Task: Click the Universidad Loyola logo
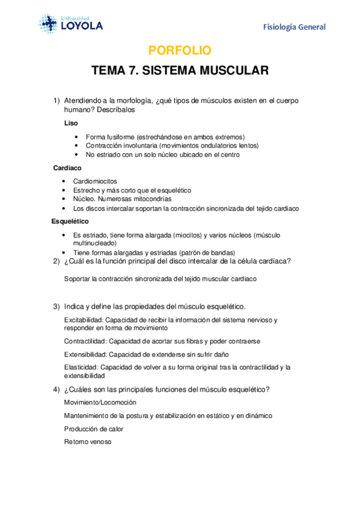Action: pyautogui.click(x=71, y=23)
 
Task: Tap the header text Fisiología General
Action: pyautogui.click(x=294, y=27)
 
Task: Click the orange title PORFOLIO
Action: pyautogui.click(x=180, y=51)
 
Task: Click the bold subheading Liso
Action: pyautogui.click(x=70, y=123)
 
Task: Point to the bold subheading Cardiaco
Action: pyautogui.click(x=67, y=168)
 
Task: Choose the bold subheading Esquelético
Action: pyautogui.click(x=71, y=221)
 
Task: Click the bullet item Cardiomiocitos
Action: pyautogui.click(x=95, y=181)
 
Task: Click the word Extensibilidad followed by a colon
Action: pyautogui.click(x=85, y=354)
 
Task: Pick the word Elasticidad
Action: pyautogui.click(x=81, y=367)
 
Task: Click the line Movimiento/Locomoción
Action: pyautogui.click(x=100, y=402)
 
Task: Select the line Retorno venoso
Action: pyautogui.click(x=88, y=442)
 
